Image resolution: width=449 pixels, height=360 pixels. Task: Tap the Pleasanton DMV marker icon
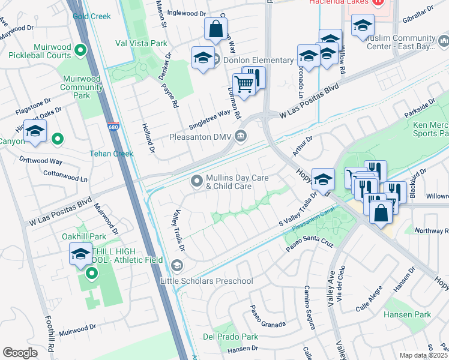point(241,136)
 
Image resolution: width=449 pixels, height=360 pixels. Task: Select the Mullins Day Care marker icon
point(196,181)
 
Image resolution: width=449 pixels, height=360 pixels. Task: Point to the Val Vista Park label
point(141,43)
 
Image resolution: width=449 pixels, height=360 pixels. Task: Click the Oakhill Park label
point(84,236)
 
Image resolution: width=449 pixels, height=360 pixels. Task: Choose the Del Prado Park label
point(226,336)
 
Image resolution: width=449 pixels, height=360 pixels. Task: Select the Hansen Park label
point(408,314)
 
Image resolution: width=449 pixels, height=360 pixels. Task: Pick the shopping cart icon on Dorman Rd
point(244,84)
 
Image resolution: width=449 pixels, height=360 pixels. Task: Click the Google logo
point(20,353)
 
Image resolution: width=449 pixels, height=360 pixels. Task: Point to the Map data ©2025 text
point(423,355)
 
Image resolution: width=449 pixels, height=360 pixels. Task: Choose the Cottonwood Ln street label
point(66,176)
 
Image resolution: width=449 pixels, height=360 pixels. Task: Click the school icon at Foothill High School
point(80,253)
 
